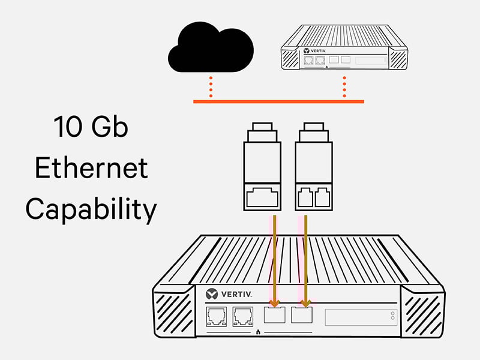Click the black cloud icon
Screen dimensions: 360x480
click(x=210, y=50)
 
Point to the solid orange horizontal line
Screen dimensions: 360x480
click(x=278, y=101)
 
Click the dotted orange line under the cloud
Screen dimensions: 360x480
click(x=211, y=86)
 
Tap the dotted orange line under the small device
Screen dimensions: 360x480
click(x=344, y=86)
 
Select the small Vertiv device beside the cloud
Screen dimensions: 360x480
click(x=344, y=50)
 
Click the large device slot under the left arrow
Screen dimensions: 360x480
click(x=275, y=316)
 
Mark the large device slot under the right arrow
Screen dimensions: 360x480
click(x=302, y=316)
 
